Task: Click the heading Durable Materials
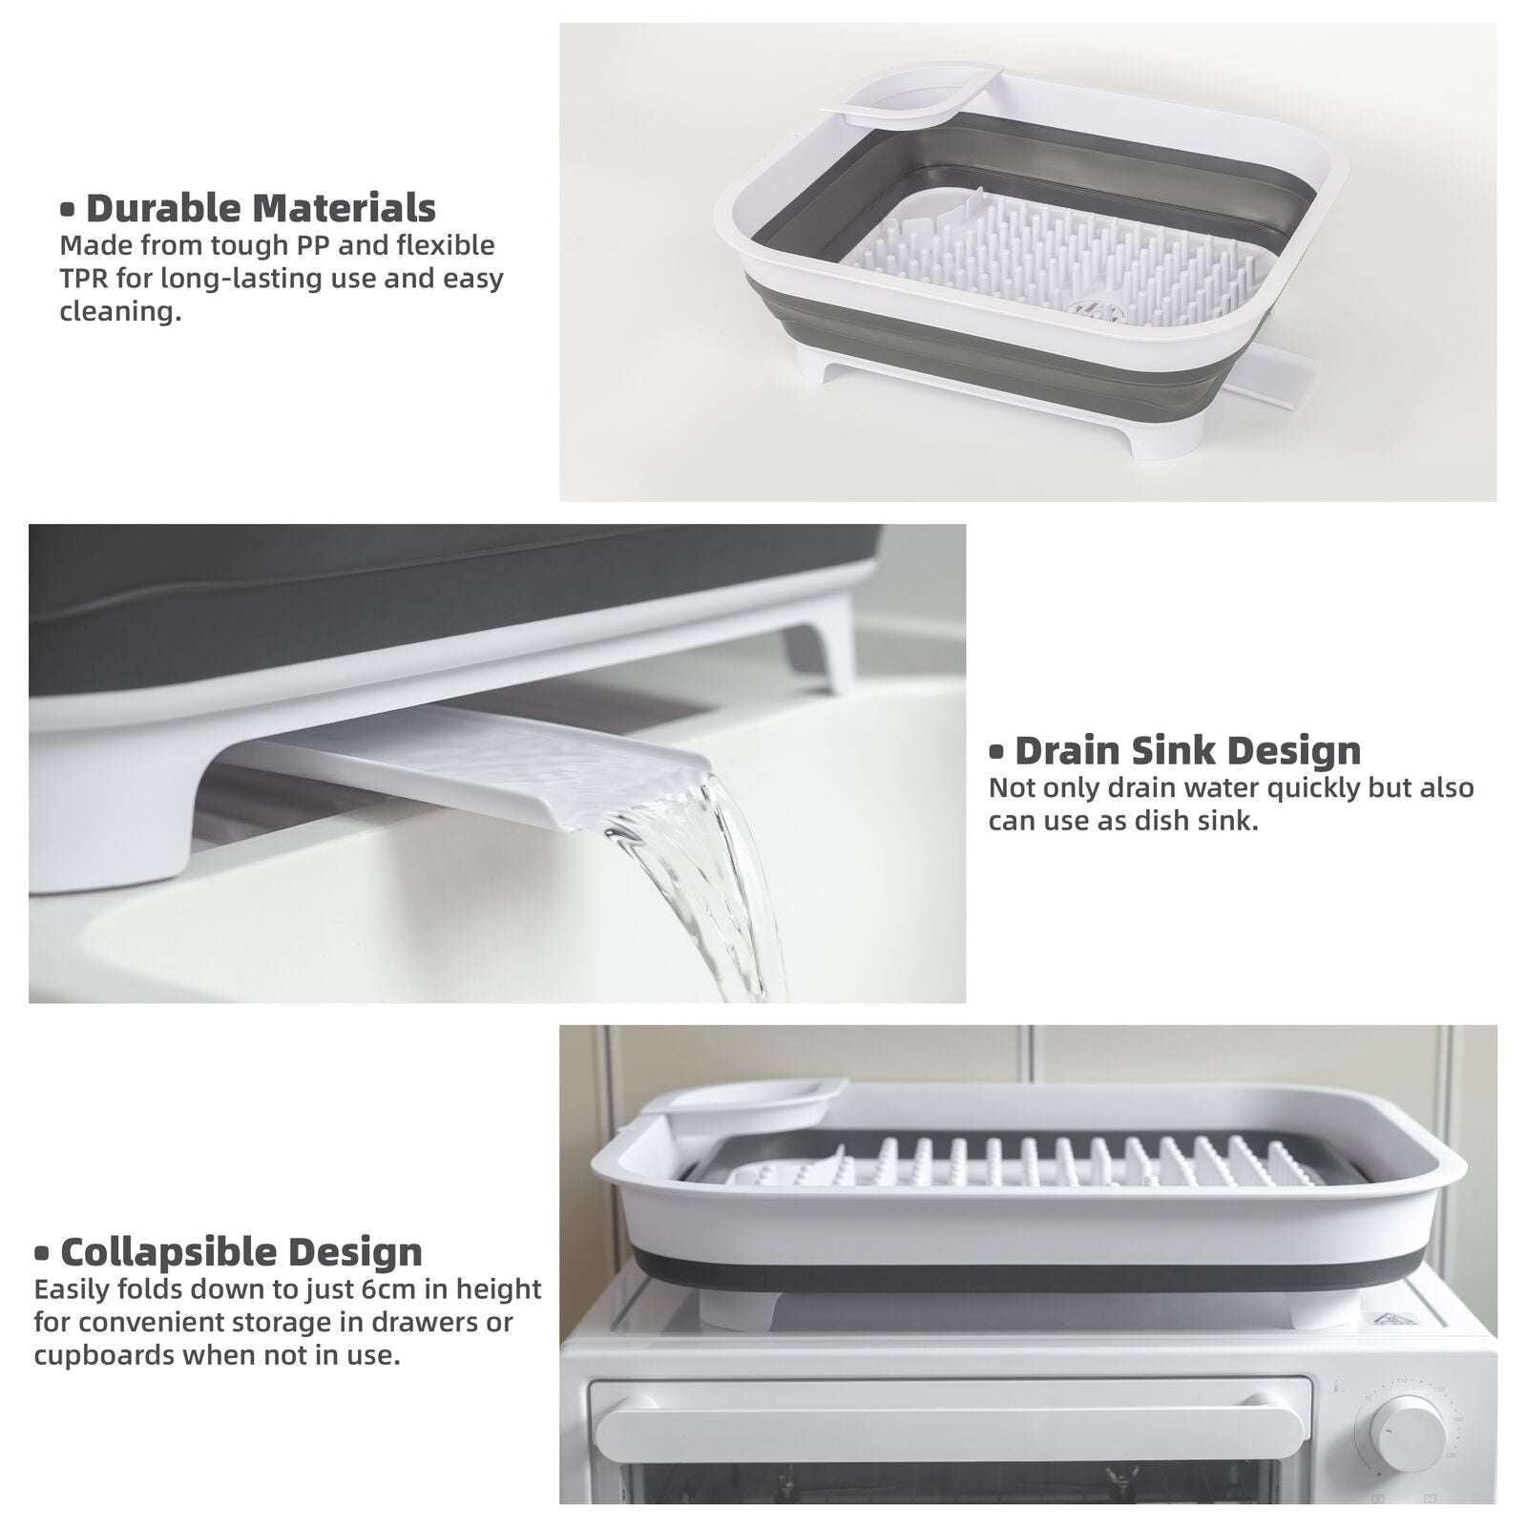pos(260,208)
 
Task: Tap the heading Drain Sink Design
pos(1187,751)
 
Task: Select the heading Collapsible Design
pos(241,1251)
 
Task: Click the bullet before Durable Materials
pos(67,209)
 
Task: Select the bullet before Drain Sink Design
pos(996,752)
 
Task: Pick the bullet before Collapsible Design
pos(42,1253)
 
